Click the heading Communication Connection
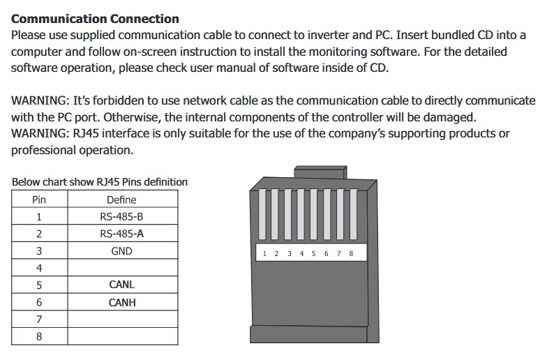pos(95,19)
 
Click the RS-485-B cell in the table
pos(122,216)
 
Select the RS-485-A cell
pos(122,234)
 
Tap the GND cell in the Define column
pos(122,251)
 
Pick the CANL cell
pos(122,285)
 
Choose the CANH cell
pos(122,302)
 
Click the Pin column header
pos(39,200)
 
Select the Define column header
pos(122,200)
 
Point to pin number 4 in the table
pos(39,268)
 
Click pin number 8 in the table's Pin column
pos(39,336)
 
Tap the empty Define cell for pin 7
pos(122,319)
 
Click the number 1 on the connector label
pos(264,253)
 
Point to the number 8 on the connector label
pos(351,253)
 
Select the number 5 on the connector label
pos(313,253)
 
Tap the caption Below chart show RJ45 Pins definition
pos(100,182)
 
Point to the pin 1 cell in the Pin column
pos(39,216)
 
